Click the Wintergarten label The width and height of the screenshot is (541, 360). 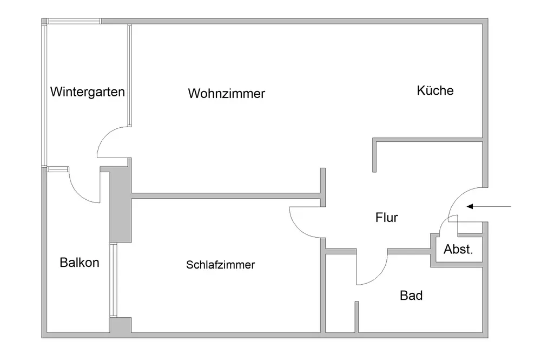tap(87, 91)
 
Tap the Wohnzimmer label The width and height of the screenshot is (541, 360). tap(227, 94)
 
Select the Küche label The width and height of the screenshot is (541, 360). tap(435, 90)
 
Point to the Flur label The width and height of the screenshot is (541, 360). tap(386, 218)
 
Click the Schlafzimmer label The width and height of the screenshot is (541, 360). tap(220, 265)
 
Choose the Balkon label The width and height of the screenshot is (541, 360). tap(80, 263)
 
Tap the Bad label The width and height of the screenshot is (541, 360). tap(411, 296)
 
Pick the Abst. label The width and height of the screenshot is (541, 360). tap(458, 250)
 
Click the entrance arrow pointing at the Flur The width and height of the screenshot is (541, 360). tap(489, 206)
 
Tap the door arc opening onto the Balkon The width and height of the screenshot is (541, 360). tap(81, 192)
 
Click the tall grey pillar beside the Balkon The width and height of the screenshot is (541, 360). tap(120, 206)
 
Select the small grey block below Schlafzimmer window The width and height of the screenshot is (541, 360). tap(120, 325)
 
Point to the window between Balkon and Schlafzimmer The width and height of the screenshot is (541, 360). tap(113, 280)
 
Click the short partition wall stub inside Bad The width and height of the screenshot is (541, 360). tap(357, 316)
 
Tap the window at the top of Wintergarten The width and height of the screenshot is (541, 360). tap(74, 22)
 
